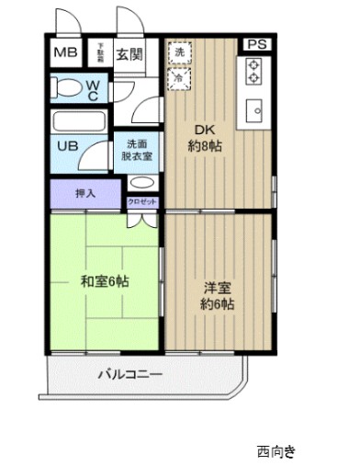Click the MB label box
click(x=64, y=52)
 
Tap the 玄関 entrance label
click(x=127, y=54)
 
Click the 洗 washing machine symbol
click(x=179, y=53)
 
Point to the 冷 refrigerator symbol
click(x=179, y=79)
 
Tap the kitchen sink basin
click(x=254, y=111)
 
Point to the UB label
click(x=67, y=146)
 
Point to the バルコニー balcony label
click(x=130, y=375)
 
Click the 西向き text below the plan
click(x=276, y=451)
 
